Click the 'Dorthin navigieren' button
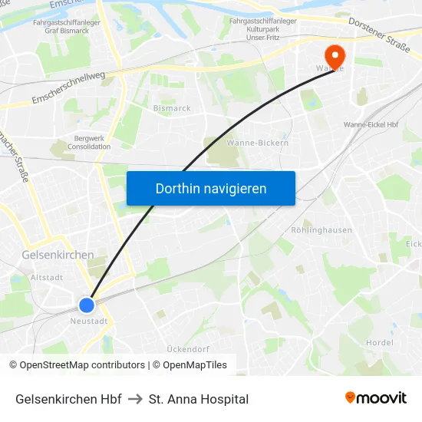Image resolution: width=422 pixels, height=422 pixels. [210, 188]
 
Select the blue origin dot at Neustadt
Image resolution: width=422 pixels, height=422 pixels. [87, 305]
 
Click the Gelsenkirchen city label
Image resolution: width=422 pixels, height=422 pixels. [58, 255]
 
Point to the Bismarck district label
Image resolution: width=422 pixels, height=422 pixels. [172, 109]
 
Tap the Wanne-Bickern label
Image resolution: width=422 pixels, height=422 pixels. [258, 143]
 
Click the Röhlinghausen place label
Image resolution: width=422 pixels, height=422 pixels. [321, 229]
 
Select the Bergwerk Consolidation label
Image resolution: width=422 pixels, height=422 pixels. [89, 141]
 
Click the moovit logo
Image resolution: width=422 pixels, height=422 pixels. [375, 397]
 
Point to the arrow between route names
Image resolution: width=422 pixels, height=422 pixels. [135, 399]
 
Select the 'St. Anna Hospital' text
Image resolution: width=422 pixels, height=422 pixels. [199, 399]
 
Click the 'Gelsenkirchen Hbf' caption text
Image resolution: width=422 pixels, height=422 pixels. [68, 399]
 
